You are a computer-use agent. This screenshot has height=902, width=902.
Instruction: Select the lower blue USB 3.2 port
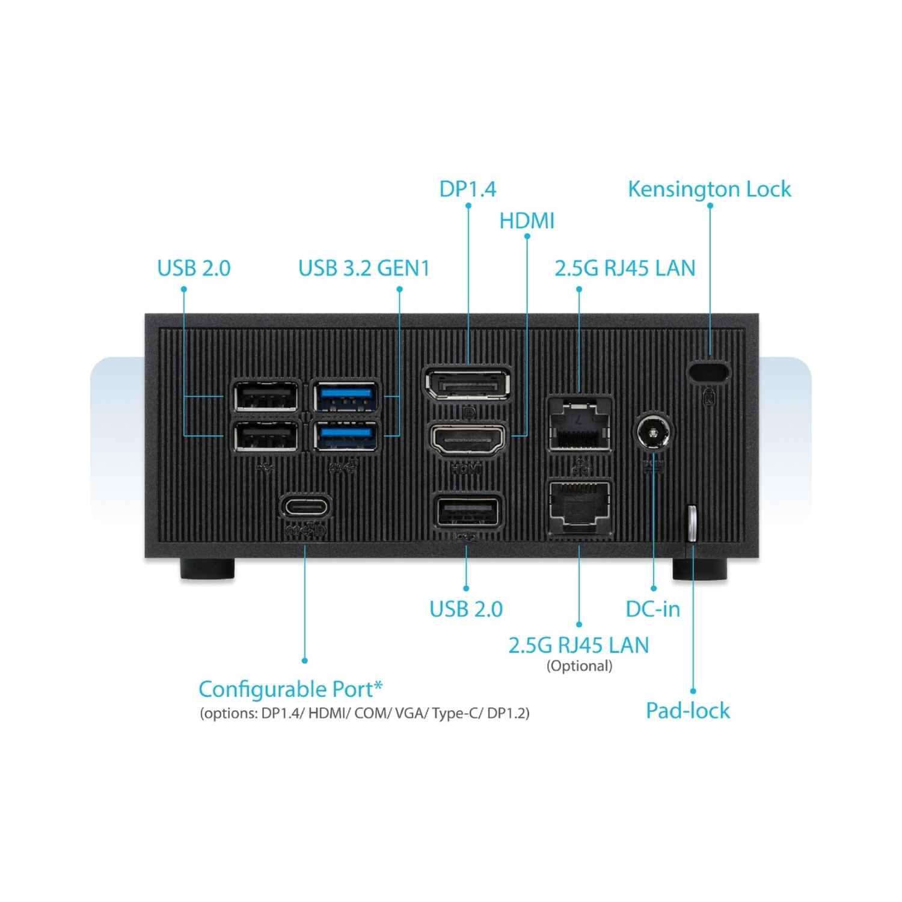pos(346,436)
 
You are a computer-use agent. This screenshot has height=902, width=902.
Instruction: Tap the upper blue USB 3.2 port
pos(346,396)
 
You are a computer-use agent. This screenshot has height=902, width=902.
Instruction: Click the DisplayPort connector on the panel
pos(468,384)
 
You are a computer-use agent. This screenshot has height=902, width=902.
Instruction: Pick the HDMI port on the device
pos(467,440)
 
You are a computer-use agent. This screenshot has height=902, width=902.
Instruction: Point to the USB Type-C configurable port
pos(305,506)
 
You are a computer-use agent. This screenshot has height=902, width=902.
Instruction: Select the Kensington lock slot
pos(708,371)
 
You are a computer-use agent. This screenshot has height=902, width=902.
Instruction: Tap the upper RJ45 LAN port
pos(579,425)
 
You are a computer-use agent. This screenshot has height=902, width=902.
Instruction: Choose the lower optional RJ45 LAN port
pos(579,506)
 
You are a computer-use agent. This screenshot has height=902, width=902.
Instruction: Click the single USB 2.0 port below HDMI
pos(467,512)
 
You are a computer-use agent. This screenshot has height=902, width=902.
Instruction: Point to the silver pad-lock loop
pos(692,523)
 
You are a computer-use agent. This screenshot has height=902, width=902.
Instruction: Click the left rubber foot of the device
pos(207,569)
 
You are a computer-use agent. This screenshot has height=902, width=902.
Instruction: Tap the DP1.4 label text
pos(467,189)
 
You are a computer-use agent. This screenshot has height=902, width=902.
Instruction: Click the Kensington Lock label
pos(710,189)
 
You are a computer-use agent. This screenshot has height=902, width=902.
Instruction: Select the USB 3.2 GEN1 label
pos(364,268)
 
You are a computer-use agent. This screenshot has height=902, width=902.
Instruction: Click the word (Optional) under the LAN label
pos(579,666)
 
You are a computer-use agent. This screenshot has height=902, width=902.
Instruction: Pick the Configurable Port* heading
pos(290,689)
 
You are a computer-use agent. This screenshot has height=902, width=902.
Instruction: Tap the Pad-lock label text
pos(688,711)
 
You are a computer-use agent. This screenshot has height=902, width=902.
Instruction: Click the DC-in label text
pos(653,609)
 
